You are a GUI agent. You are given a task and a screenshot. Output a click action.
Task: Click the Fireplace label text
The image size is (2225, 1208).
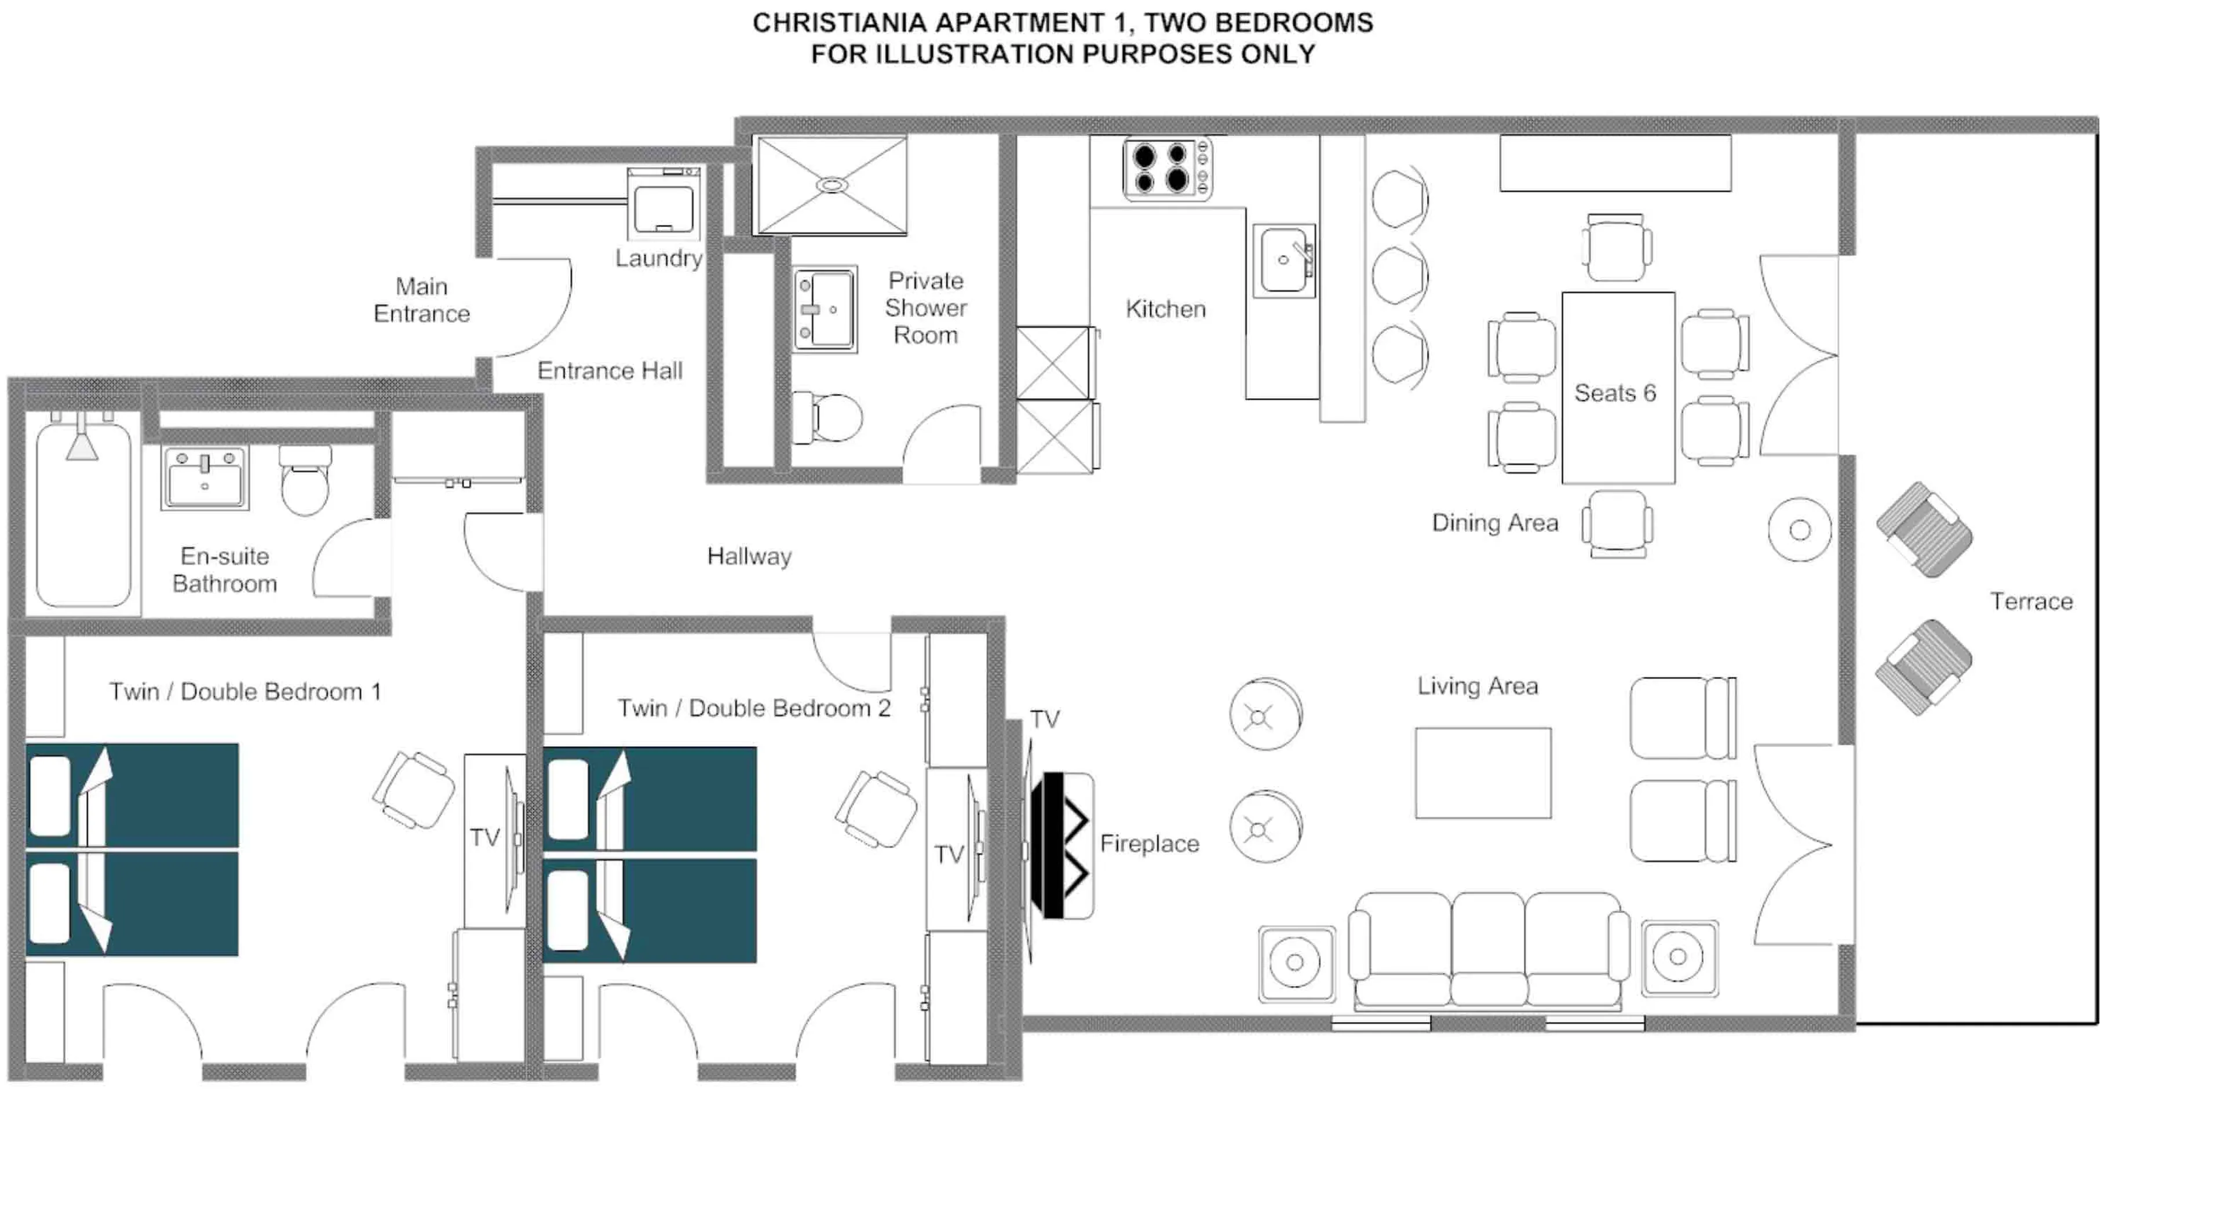coord(1149,844)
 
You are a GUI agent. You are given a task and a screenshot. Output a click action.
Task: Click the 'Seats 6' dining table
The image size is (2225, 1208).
coord(1618,389)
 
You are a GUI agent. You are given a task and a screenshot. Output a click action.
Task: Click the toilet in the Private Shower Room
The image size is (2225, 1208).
coord(829,418)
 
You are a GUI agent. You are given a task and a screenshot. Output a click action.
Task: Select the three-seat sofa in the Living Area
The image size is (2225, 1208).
coord(1487,950)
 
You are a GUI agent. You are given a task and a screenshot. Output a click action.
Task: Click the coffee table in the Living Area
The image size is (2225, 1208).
coord(1482,773)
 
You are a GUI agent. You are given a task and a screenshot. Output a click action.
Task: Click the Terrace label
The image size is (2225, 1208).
coord(2031,602)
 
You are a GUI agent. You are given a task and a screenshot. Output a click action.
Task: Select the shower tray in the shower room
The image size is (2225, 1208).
coord(831,185)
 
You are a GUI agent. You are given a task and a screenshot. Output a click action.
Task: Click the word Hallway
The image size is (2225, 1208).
coord(749,557)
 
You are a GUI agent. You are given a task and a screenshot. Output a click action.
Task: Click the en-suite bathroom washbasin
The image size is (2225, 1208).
coord(205,477)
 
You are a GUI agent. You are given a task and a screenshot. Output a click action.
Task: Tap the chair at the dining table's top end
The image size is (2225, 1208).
coord(1615,248)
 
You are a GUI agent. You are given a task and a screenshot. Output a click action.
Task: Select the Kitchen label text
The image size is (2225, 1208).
coord(1165,309)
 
